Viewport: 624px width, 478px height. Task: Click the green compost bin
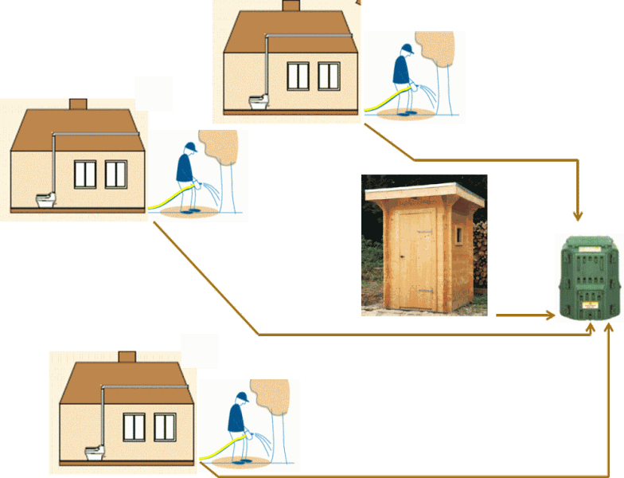coord(589,278)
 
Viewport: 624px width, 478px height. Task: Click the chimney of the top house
coord(291,6)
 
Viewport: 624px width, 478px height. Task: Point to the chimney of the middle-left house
coord(77,104)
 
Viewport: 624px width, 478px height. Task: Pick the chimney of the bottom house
coord(127,357)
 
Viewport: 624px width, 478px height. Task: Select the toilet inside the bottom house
coord(96,452)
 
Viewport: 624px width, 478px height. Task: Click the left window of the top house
coord(298,76)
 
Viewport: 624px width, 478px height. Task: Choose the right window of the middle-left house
coord(116,174)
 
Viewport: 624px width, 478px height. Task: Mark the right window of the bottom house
coord(165,427)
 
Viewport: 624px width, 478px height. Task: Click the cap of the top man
coord(405,48)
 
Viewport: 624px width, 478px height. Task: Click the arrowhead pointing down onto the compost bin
coord(579,216)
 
